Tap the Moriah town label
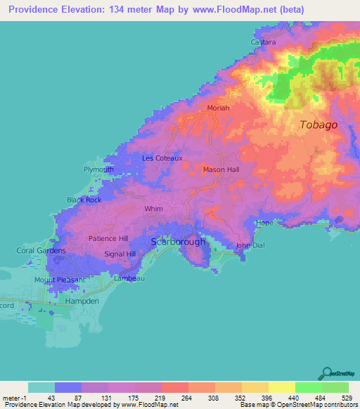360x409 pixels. pyautogui.click(x=219, y=108)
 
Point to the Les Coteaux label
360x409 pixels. pyautogui.click(x=162, y=158)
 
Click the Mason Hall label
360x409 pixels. pyautogui.click(x=221, y=170)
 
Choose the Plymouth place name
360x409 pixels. pyautogui.click(x=98, y=170)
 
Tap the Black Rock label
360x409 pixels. pyautogui.click(x=84, y=200)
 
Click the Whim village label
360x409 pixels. pyautogui.click(x=153, y=209)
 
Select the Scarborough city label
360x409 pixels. pyautogui.click(x=179, y=242)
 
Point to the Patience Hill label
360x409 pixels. pyautogui.click(x=108, y=238)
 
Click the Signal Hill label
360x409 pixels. pyautogui.click(x=120, y=254)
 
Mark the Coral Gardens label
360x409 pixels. pyautogui.click(x=41, y=250)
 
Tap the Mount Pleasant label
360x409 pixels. pyautogui.click(x=60, y=280)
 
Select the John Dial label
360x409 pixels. pyautogui.click(x=252, y=245)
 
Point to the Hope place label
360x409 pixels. pyautogui.click(x=264, y=223)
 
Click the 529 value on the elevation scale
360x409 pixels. pyautogui.click(x=347, y=397)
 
